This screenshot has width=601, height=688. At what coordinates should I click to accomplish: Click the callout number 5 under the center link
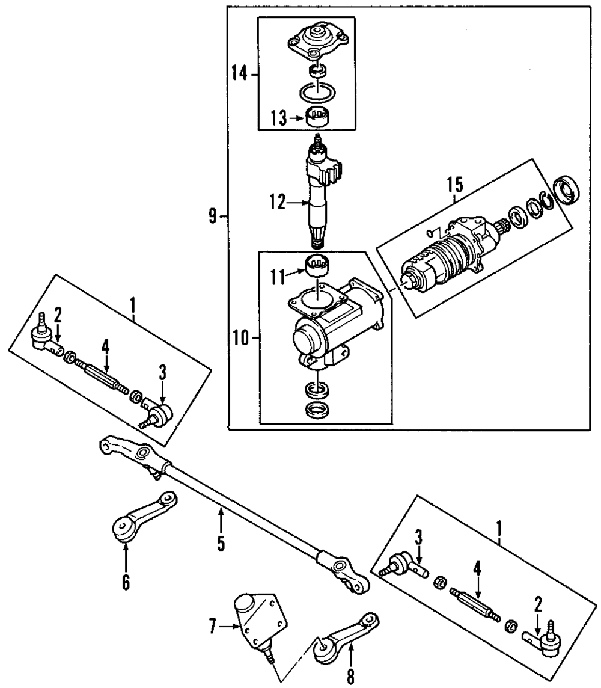click(x=221, y=544)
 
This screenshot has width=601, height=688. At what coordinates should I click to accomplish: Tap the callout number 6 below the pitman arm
click(x=126, y=582)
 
